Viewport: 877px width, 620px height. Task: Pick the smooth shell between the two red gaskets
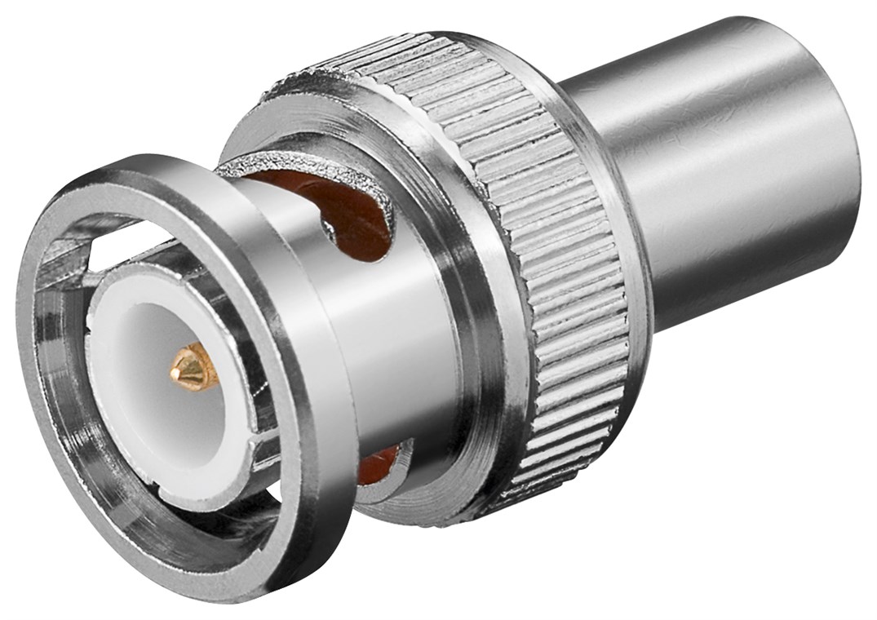383,343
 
